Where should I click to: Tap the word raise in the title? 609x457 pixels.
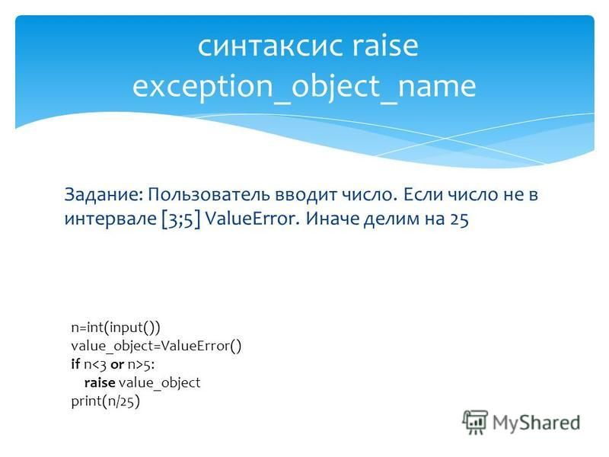pos(385,45)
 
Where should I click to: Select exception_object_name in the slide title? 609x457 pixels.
pos(304,87)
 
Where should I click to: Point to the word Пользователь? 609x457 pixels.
pos(208,194)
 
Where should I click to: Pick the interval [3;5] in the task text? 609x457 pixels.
pos(181,219)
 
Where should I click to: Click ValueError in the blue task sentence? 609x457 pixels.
pos(252,219)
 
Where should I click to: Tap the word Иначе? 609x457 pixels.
pos(332,219)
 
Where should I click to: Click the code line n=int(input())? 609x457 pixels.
pos(116,328)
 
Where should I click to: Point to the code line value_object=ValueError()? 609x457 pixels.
pos(156,346)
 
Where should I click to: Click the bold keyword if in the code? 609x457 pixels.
pos(75,364)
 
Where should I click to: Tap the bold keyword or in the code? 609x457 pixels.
pos(117,365)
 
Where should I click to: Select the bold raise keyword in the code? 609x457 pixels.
pos(100,382)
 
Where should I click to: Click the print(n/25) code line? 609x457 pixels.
pos(105,401)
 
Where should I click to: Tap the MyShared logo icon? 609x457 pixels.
pos(475,422)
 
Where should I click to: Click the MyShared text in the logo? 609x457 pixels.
pos(537,423)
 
